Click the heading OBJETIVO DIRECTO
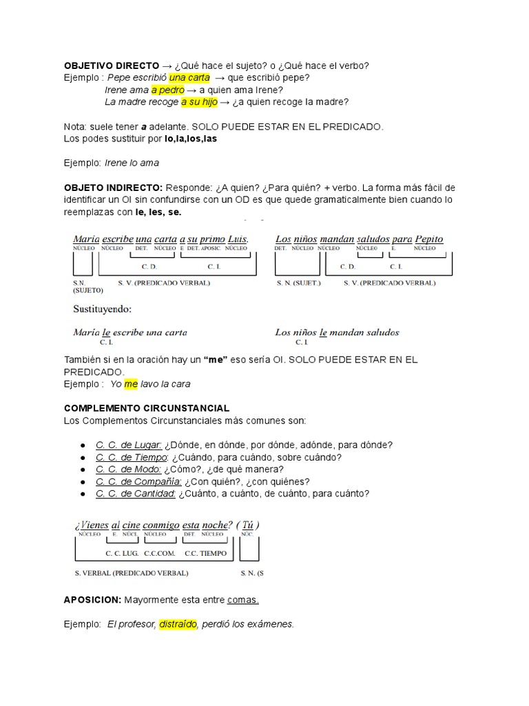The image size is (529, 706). point(103,65)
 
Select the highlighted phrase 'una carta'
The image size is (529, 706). point(189,78)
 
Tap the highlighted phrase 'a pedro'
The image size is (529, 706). point(167,90)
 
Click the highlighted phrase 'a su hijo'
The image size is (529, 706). point(199,102)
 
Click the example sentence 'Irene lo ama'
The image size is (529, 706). point(132,163)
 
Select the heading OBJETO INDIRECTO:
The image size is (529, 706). point(113,188)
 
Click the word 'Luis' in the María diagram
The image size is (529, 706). point(236,239)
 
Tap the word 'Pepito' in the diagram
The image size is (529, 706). point(429,239)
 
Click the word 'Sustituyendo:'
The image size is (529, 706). point(102,309)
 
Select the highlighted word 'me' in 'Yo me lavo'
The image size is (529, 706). point(131,384)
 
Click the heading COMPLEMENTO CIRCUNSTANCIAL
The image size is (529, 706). point(146,409)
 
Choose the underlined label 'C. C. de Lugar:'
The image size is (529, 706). point(129,445)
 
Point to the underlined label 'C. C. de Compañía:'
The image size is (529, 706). point(138,481)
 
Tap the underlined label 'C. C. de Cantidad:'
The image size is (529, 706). point(136,494)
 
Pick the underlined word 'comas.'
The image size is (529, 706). point(243,600)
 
